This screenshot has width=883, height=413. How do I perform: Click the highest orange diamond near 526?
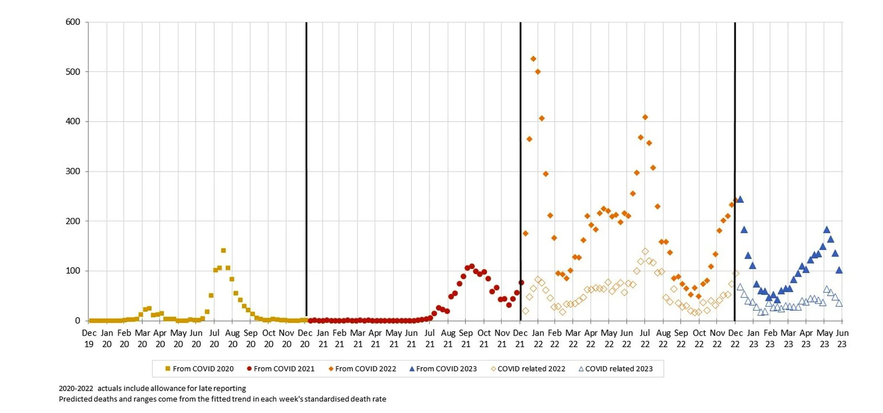[533, 59]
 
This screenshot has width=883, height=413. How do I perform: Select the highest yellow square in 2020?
[223, 250]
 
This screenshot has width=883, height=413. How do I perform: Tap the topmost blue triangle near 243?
[740, 199]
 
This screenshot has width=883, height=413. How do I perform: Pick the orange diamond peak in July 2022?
[645, 117]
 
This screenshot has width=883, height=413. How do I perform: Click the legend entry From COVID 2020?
[199, 369]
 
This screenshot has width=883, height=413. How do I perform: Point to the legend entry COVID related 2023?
[615, 369]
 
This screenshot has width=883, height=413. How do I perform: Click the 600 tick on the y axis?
[73, 22]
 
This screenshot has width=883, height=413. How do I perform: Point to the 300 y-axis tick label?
[73, 171]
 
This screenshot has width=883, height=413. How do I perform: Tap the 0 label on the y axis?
[77, 320]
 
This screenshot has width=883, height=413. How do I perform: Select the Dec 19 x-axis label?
[89, 338]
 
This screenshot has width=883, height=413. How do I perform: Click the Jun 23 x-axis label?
[842, 338]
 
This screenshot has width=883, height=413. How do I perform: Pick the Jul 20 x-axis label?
[214, 338]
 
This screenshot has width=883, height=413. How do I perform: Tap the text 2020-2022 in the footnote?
[76, 388]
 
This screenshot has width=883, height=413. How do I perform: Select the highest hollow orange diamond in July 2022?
[645, 251]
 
